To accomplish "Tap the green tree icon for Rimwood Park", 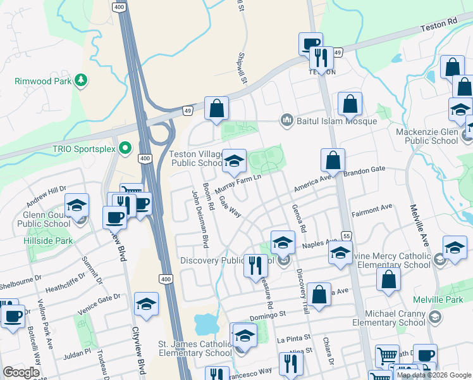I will (80, 80).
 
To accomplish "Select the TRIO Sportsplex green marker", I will (125, 148).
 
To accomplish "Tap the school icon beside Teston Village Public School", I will (234, 161).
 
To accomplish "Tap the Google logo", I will (21, 372).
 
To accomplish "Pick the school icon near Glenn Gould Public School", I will (77, 206).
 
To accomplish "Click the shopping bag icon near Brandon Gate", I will (333, 161).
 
